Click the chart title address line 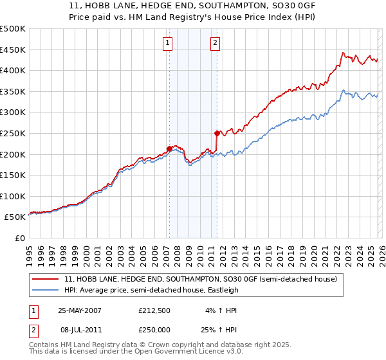(193, 6)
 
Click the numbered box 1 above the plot (167, 43)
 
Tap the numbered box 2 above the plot (215, 43)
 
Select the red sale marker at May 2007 (169, 148)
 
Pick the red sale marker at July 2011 (217, 133)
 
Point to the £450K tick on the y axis (13, 50)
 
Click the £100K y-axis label (13, 196)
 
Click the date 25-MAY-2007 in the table (80, 310)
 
